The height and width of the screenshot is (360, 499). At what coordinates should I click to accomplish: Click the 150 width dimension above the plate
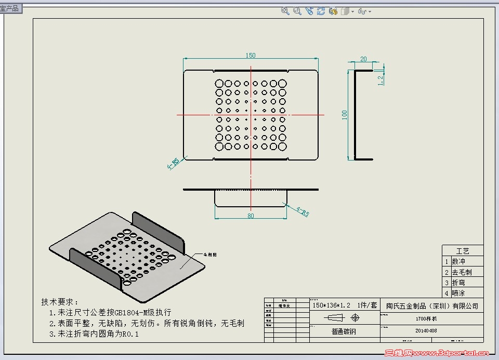[251, 56]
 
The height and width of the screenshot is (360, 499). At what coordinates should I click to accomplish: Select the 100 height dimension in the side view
[344, 115]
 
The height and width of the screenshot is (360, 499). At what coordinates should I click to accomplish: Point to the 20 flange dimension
[363, 59]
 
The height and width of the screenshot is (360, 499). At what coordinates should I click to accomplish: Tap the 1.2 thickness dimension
[380, 79]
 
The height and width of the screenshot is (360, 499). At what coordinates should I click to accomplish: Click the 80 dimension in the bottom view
[251, 216]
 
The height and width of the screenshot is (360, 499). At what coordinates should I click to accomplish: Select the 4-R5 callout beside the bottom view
[302, 212]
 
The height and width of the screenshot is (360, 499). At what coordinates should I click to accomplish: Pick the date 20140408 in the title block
[426, 330]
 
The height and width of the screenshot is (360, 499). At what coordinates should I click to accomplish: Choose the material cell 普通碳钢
[344, 331]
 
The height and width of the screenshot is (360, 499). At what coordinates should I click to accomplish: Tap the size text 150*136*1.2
[331, 305]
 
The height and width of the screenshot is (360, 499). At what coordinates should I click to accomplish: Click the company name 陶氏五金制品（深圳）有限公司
[432, 306]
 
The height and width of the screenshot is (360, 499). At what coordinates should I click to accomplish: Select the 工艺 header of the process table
[462, 251]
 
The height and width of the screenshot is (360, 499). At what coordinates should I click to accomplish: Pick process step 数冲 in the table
[458, 261]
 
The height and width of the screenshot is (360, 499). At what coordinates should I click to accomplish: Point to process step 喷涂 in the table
[458, 293]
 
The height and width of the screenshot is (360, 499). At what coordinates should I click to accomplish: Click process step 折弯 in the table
[458, 283]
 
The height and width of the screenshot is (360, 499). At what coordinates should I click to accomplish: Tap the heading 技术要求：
[60, 302]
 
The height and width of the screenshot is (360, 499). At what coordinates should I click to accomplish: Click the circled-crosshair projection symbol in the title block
[355, 317]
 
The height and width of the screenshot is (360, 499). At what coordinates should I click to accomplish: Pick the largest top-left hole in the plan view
[219, 83]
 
